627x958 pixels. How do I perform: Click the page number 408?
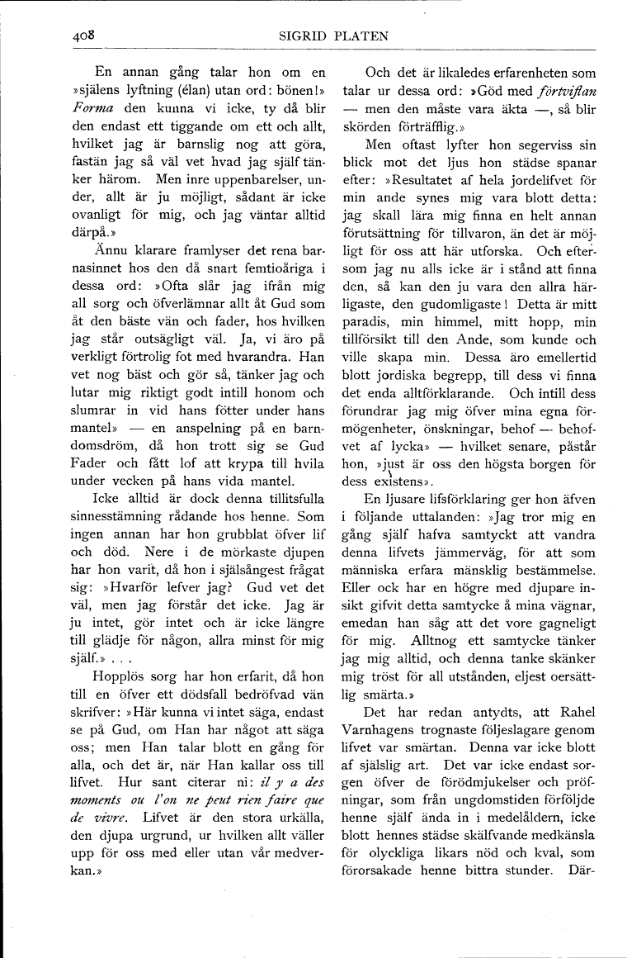(x=83, y=35)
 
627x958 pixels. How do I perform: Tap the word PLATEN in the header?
(x=359, y=36)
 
